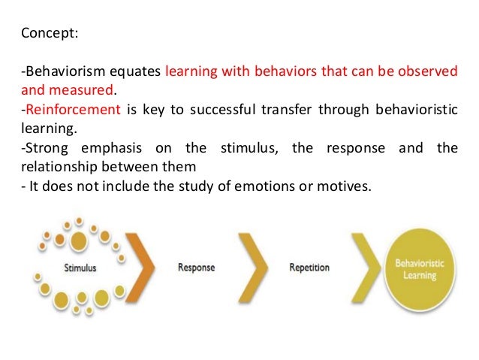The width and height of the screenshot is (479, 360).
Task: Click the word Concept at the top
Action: [x=46, y=33]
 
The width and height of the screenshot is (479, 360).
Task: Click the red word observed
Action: [x=429, y=72]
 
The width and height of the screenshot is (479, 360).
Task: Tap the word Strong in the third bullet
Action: [x=43, y=147]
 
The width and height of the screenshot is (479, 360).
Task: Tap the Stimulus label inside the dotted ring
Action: [x=80, y=267]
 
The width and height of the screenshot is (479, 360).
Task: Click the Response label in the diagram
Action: [x=197, y=267]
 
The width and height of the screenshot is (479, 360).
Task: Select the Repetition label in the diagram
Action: [x=309, y=267]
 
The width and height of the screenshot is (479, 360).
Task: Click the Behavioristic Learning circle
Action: [x=420, y=268]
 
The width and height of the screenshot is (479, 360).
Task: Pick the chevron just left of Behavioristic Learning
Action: [x=366, y=267]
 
